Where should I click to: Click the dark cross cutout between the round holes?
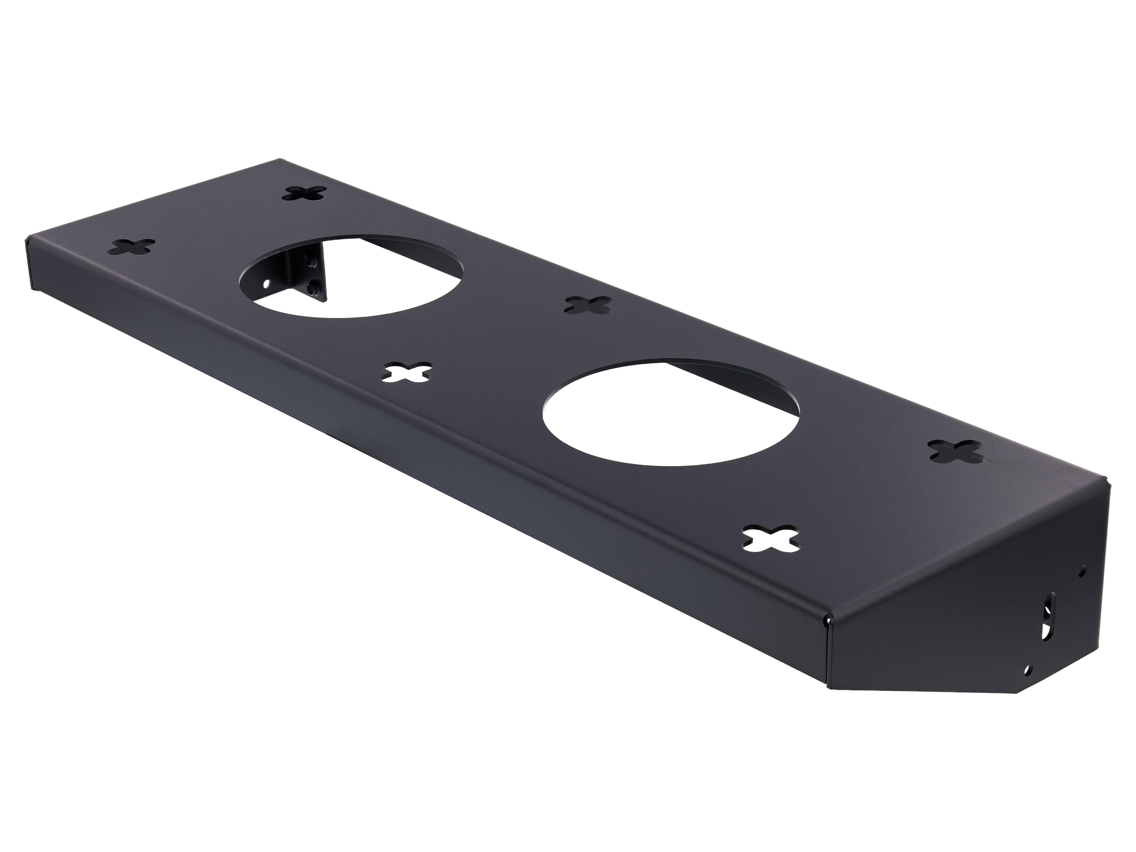click(x=588, y=305)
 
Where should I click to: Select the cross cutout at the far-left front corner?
click(x=133, y=246)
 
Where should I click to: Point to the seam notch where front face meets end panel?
click(x=982, y=622)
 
